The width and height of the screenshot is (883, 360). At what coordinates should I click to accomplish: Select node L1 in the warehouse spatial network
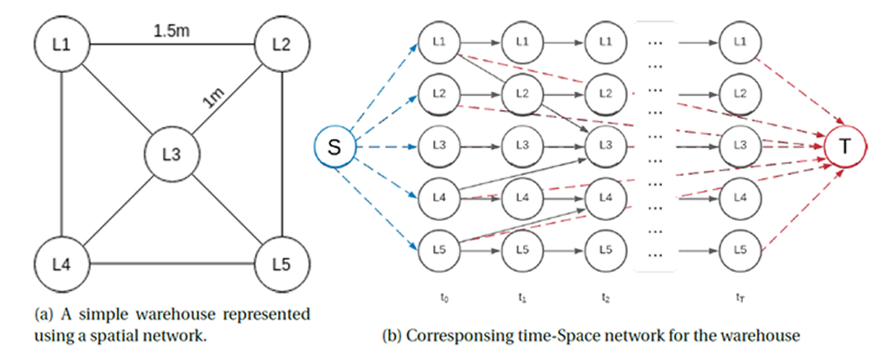point(60,44)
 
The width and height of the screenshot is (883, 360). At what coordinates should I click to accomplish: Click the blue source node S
point(335,148)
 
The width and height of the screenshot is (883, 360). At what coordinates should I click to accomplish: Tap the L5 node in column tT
point(739,249)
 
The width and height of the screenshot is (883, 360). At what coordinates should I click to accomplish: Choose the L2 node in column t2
point(605,92)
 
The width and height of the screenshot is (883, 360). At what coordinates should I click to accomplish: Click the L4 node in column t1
point(521,196)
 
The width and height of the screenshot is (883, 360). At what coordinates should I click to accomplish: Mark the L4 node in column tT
point(739,196)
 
